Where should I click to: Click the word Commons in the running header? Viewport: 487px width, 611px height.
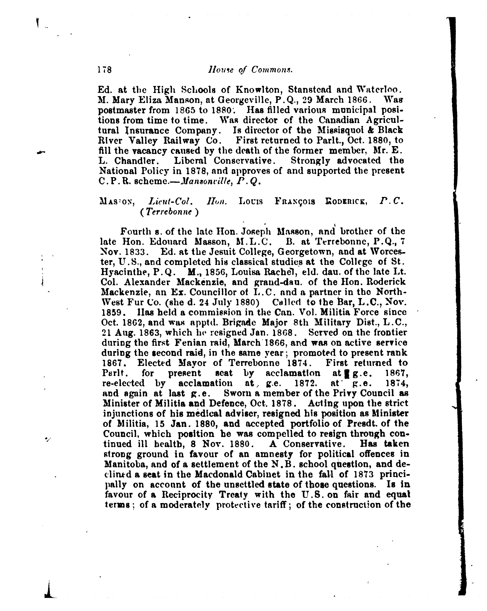coord(272,70)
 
